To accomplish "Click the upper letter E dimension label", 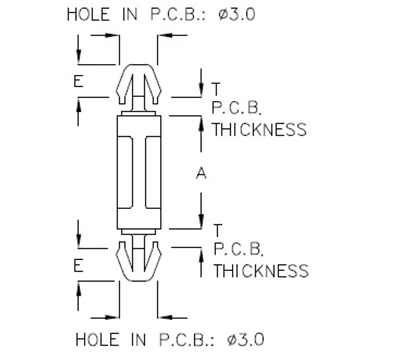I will coord(78,82).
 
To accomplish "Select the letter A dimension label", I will coord(201,174).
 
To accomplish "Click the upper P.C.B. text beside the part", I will coord(235,109).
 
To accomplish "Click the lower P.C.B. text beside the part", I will coord(235,251).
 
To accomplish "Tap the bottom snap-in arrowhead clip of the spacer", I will coord(143,262).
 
